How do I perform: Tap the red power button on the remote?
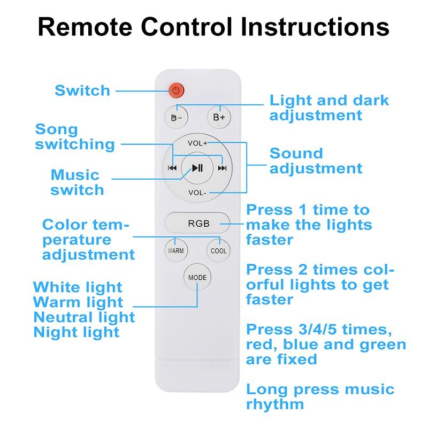point(177,90)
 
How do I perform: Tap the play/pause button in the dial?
point(197,167)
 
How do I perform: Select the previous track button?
point(172,168)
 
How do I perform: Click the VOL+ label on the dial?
point(197,143)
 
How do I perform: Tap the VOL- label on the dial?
point(197,193)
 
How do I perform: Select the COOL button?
point(218,250)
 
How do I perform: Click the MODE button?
point(197,277)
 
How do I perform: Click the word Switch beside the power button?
point(82,90)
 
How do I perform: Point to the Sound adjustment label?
point(316,160)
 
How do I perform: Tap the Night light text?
point(76,332)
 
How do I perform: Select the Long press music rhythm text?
point(319,396)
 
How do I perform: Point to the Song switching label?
point(75,137)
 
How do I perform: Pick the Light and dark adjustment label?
point(328,108)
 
